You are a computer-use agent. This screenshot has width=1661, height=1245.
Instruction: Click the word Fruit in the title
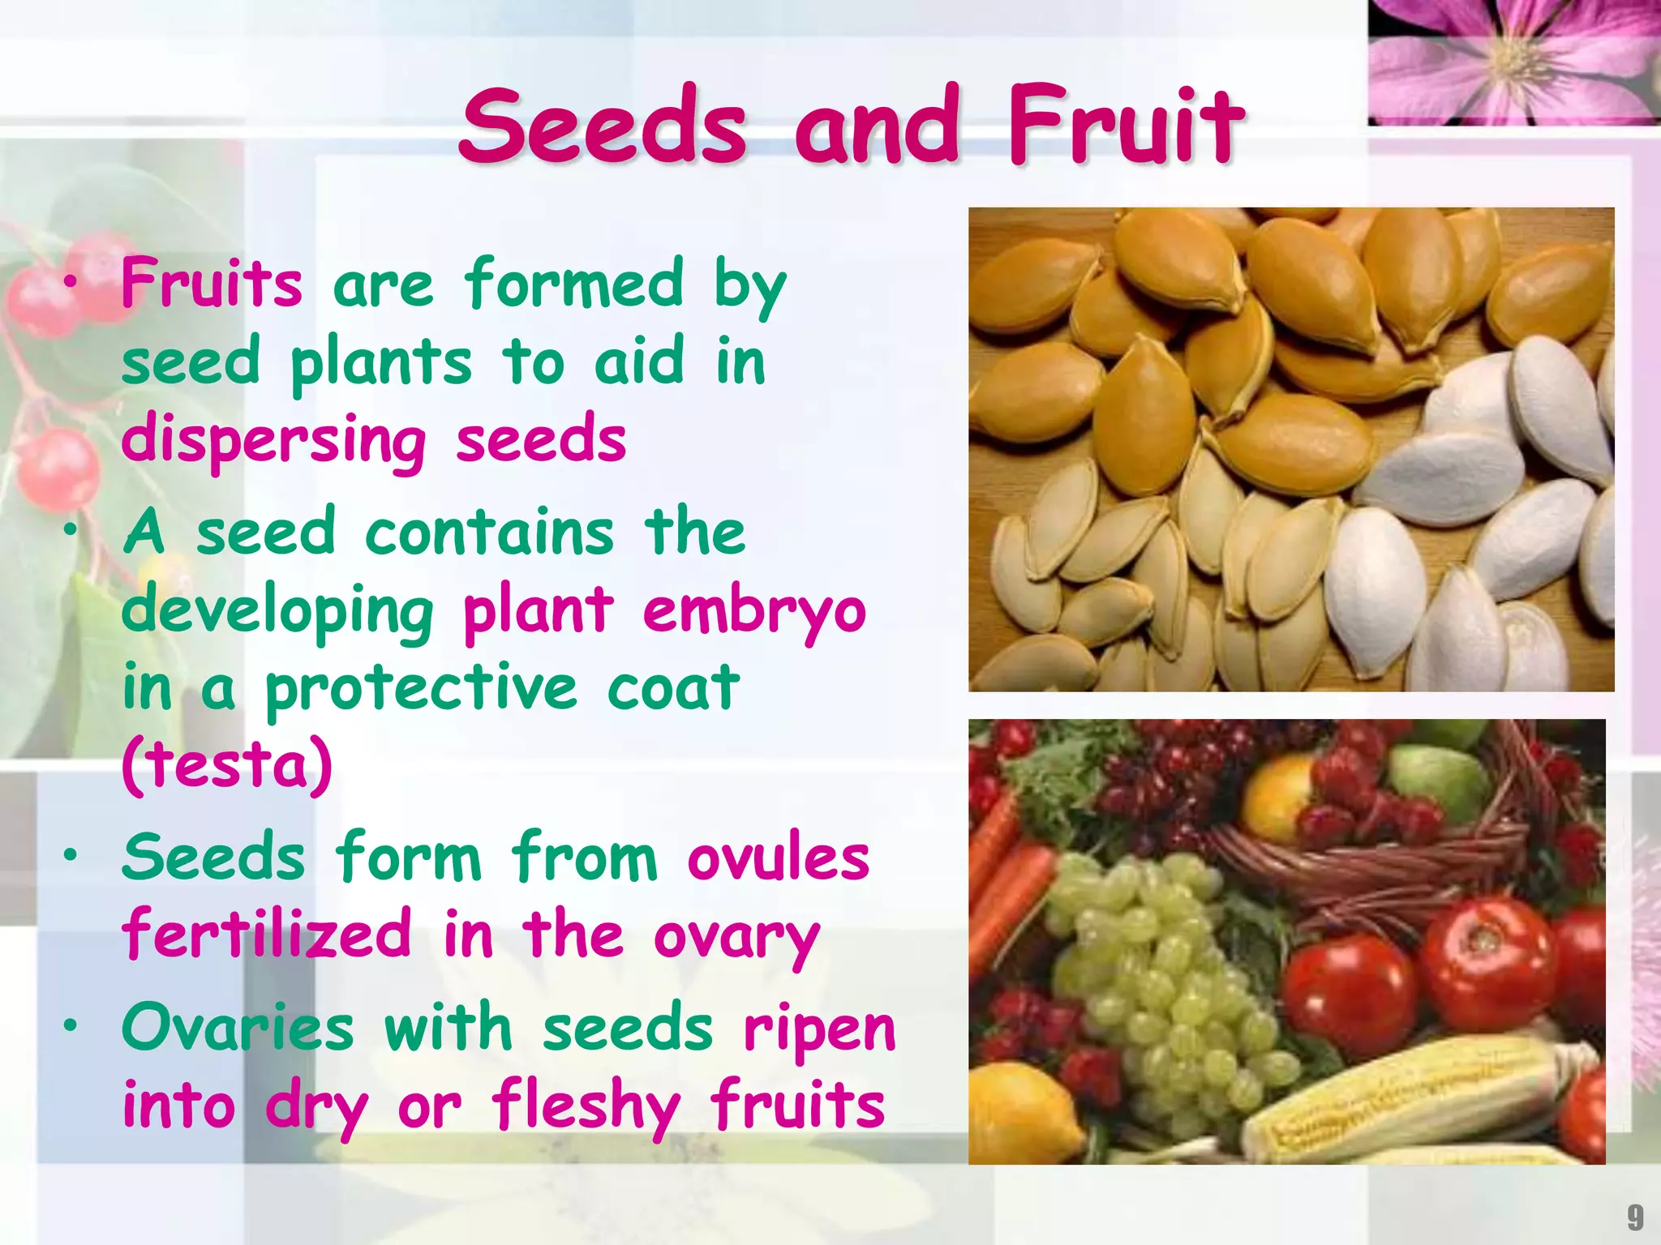pyautogui.click(x=1125, y=126)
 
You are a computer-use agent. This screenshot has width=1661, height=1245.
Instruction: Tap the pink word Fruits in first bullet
pyautogui.click(x=212, y=284)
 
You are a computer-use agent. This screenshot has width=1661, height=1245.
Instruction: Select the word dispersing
pyautogui.click(x=273, y=440)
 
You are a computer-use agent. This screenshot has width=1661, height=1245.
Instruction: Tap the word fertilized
pyautogui.click(x=267, y=935)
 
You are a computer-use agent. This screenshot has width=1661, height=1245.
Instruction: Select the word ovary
pyautogui.click(x=736, y=939)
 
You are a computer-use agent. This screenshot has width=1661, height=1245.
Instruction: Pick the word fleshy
pyautogui.click(x=586, y=1106)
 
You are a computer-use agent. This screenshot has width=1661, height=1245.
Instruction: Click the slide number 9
pyautogui.click(x=1635, y=1217)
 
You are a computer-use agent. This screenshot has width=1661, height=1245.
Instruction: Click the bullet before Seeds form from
pyautogui.click(x=71, y=854)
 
